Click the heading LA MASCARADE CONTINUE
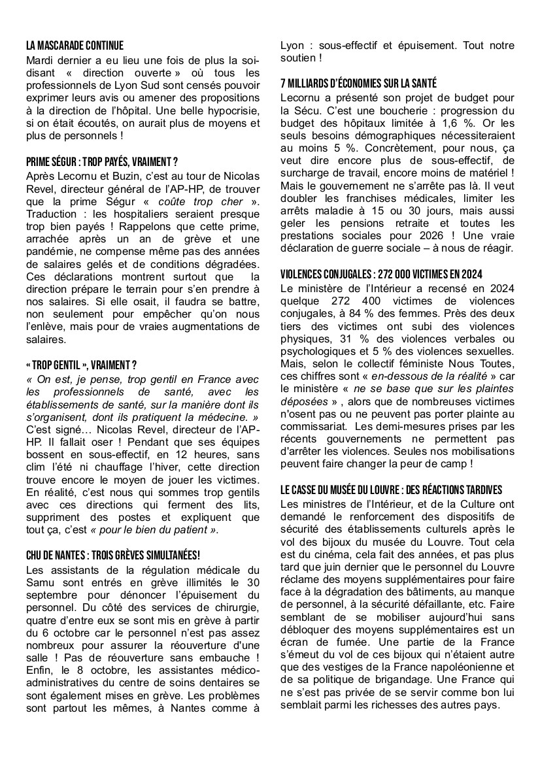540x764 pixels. point(75,46)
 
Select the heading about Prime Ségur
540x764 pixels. point(102,161)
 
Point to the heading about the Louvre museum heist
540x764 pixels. point(391,490)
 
